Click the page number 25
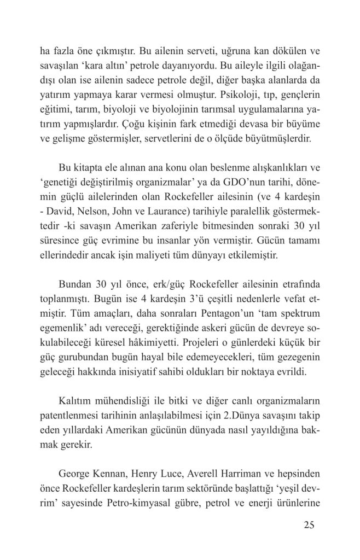pos(307,526)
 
